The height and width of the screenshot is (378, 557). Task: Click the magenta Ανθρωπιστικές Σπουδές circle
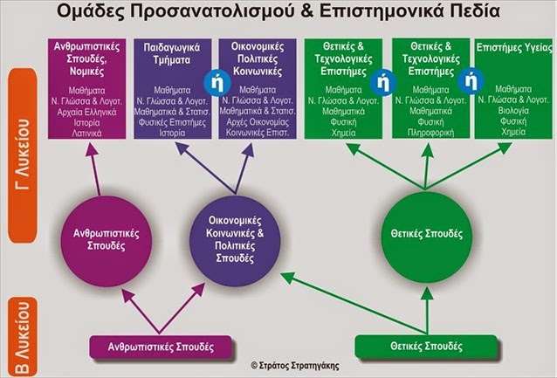[x=101, y=238]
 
